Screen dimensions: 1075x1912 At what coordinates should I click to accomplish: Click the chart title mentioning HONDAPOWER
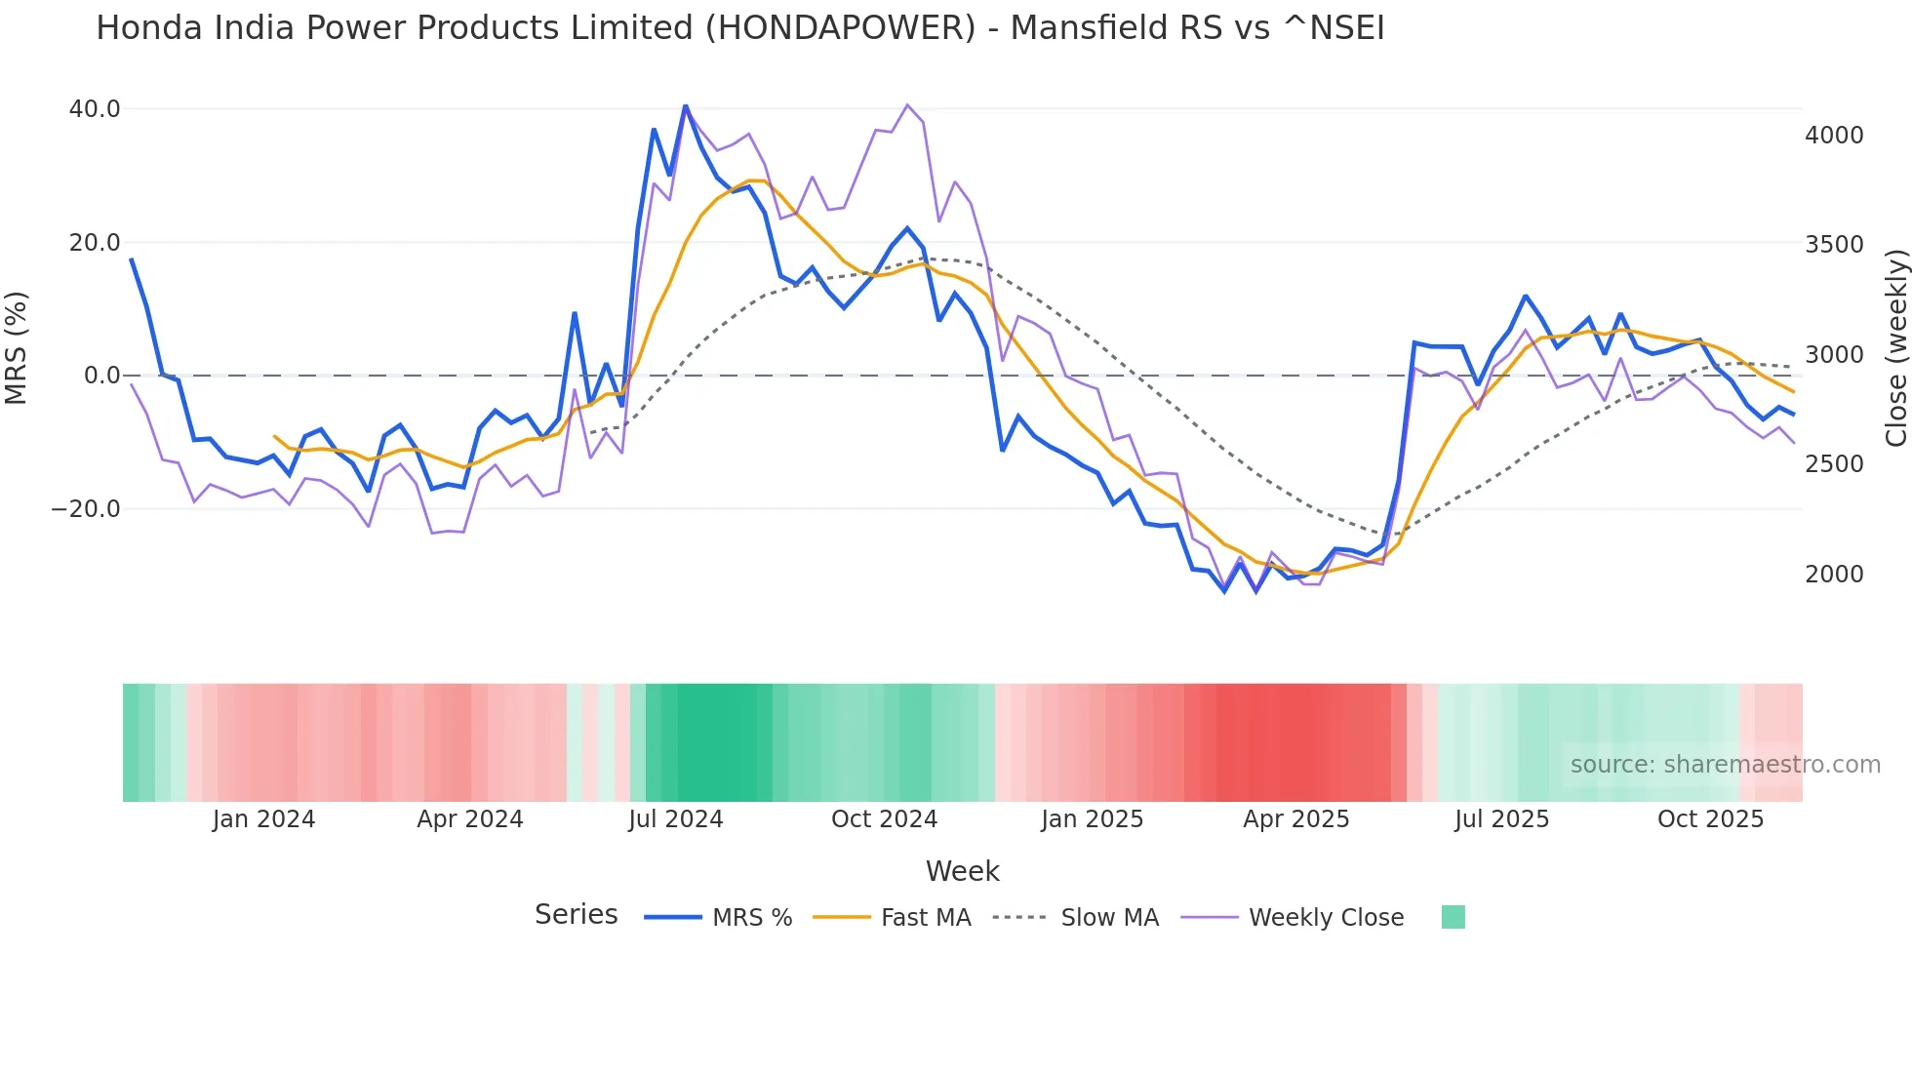[739, 28]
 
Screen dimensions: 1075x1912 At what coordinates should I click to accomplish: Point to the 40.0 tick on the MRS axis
[95, 109]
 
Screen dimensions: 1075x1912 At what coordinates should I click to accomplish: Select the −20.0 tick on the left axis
[86, 509]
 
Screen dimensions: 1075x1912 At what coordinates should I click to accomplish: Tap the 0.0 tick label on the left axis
[101, 376]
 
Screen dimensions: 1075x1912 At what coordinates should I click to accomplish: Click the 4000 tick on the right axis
[1834, 136]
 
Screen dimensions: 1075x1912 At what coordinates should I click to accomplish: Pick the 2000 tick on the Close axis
[1834, 575]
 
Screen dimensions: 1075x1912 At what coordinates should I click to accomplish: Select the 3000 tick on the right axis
[1834, 355]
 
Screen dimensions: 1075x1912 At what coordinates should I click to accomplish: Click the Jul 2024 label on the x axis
[675, 819]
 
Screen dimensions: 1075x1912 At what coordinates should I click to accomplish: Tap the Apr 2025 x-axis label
[1295, 819]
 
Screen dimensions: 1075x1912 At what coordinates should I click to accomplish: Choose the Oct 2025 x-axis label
[1710, 819]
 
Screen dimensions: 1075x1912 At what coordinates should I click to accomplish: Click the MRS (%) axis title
[17, 348]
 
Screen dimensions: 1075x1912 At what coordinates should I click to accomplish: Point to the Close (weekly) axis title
[1895, 348]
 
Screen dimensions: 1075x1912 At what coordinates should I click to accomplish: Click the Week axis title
[962, 871]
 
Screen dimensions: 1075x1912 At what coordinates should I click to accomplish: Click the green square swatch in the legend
[1453, 917]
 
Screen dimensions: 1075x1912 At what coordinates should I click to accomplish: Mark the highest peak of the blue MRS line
[685, 105]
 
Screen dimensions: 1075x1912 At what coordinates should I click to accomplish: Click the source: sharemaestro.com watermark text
[1725, 765]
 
